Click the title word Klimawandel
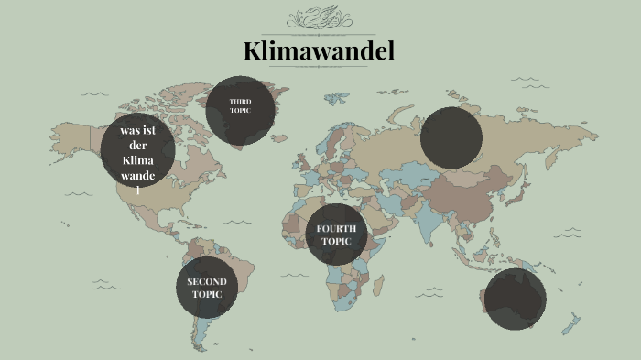pos(319,51)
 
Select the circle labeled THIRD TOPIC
pos(239,110)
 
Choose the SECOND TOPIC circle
pos(207,288)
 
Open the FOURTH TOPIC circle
pos(337,234)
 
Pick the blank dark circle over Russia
pos(451,137)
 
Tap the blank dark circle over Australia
pos(516,299)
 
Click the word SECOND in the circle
pos(207,281)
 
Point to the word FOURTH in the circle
pos(337,227)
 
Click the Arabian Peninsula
pos(384,215)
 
